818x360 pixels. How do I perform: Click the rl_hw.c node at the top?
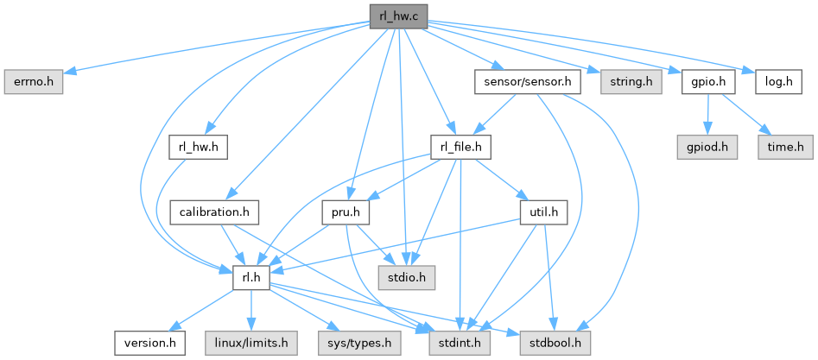398,16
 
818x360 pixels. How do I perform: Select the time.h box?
784,148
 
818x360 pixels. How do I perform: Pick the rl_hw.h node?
197,148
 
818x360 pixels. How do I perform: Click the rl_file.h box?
460,148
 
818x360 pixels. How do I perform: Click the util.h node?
542,212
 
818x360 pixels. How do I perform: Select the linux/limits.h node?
250,343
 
